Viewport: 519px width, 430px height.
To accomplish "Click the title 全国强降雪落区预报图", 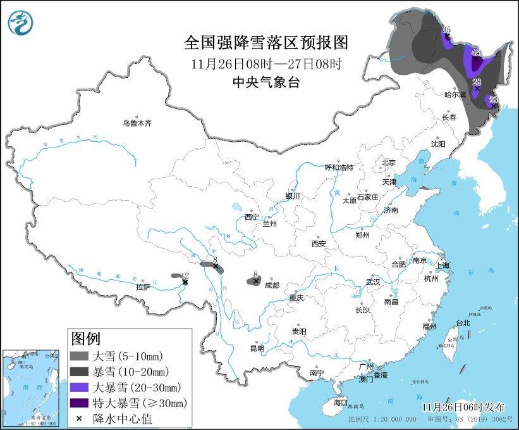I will (266, 42).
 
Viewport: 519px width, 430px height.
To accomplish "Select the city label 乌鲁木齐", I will (137, 123).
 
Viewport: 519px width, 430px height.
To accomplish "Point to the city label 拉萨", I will (143, 287).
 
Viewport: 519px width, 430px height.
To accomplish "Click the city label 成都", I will (272, 285).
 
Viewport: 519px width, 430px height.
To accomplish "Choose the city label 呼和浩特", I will (339, 167).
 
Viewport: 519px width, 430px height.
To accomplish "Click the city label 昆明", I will (257, 348).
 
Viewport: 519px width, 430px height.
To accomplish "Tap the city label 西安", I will (318, 243).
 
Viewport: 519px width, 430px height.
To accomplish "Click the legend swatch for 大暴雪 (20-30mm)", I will (80, 387).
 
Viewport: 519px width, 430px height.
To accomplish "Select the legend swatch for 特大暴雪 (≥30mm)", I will (80, 403).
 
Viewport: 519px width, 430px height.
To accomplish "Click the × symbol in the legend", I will (79, 419).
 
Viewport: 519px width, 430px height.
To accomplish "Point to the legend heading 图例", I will (85, 338).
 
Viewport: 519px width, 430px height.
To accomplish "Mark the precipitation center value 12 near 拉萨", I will (185, 275).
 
